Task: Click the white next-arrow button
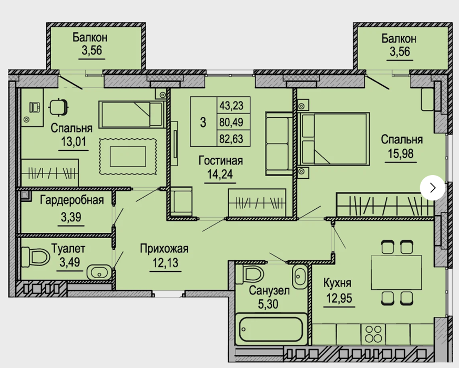point(432,188)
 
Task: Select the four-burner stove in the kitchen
point(373,334)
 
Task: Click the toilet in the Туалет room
point(35,257)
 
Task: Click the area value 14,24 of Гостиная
point(220,174)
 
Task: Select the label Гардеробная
point(72,200)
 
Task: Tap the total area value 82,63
point(231,139)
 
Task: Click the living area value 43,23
point(231,105)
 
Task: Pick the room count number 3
point(203,122)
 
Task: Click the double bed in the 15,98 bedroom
point(333,139)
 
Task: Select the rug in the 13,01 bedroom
point(128,157)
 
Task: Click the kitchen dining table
point(396,272)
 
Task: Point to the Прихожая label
point(164,249)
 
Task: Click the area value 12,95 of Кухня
point(339,298)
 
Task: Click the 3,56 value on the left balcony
point(91,50)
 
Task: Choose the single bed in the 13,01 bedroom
point(131,115)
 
